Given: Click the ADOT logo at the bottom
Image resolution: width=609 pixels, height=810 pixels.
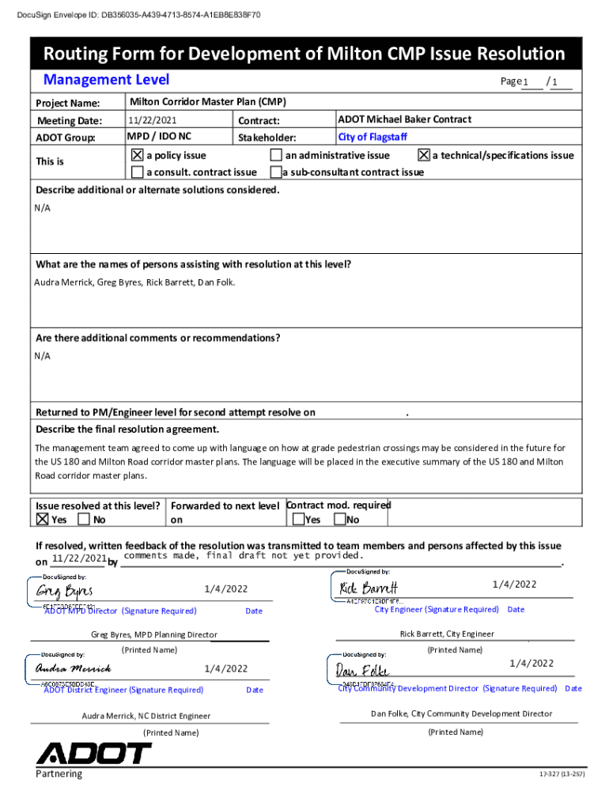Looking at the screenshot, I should pyautogui.click(x=93, y=752).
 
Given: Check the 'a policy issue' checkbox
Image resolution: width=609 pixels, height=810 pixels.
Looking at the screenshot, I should pyautogui.click(x=138, y=155).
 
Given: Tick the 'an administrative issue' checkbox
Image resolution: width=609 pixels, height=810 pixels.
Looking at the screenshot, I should pyautogui.click(x=276, y=155).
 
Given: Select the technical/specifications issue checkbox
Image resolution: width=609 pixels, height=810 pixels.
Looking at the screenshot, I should pyautogui.click(x=423, y=155).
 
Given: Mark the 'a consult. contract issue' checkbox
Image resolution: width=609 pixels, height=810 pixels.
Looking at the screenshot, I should pyautogui.click(x=138, y=172).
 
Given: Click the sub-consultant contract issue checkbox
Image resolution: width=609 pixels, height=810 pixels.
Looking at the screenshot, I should pyautogui.click(x=276, y=172).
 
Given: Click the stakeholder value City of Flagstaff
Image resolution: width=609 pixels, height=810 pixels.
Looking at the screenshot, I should pyautogui.click(x=373, y=137).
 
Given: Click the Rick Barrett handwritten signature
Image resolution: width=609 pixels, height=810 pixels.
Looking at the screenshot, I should pyautogui.click(x=368, y=588).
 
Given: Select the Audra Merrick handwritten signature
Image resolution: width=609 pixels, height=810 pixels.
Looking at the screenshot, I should pyautogui.click(x=73, y=669).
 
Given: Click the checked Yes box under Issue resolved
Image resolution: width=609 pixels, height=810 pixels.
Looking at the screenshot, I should pyautogui.click(x=42, y=520).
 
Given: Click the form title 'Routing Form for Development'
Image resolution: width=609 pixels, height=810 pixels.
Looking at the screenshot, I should pyautogui.click(x=304, y=54).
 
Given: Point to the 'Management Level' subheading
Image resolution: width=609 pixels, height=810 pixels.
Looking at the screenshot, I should pyautogui.click(x=106, y=79).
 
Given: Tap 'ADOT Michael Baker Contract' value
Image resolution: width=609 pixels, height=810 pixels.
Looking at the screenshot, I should pyautogui.click(x=404, y=119).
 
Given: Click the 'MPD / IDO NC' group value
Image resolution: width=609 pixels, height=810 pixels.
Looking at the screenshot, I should pyautogui.click(x=160, y=137).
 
